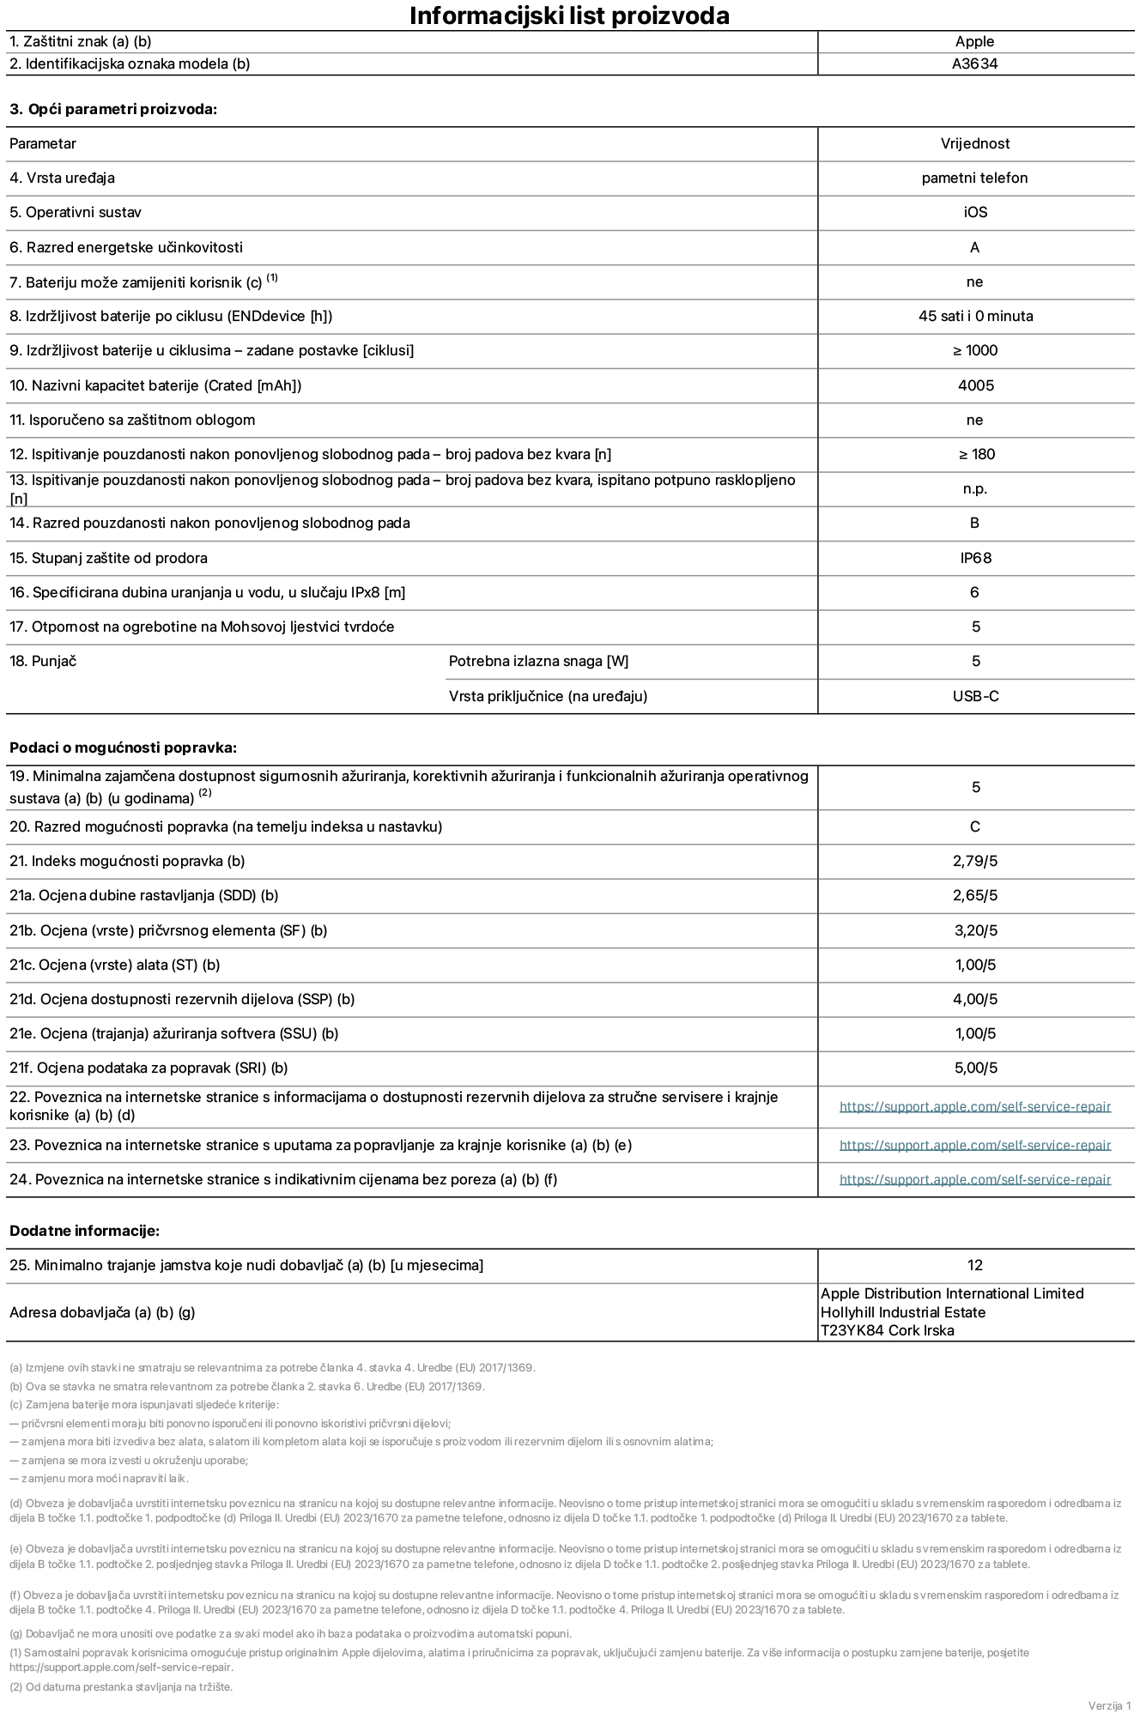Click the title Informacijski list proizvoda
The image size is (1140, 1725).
(x=569, y=15)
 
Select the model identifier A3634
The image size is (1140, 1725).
(x=974, y=64)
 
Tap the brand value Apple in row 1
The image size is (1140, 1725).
(x=974, y=41)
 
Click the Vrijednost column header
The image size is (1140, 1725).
(x=974, y=144)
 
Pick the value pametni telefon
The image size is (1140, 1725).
(x=974, y=179)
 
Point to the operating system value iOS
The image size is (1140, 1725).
(x=975, y=213)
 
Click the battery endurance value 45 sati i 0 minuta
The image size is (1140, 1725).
(x=975, y=317)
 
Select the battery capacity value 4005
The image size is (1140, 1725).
(x=975, y=385)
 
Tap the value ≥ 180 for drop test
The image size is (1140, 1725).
(x=976, y=455)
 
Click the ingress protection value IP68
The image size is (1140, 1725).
(x=975, y=558)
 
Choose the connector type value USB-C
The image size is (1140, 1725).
(x=975, y=696)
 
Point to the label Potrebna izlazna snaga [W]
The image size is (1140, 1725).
(x=538, y=662)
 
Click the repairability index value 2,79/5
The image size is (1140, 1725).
(x=975, y=862)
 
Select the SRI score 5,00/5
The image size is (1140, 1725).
(x=975, y=1068)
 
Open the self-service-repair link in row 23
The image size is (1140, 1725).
(x=974, y=1146)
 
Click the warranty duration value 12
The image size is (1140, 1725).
(x=974, y=1266)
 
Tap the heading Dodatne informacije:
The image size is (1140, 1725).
(x=84, y=1231)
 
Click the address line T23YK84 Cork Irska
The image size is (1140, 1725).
(x=887, y=1331)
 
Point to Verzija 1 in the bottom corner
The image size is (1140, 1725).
(x=1109, y=1705)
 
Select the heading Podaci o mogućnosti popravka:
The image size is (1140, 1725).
(x=123, y=747)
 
